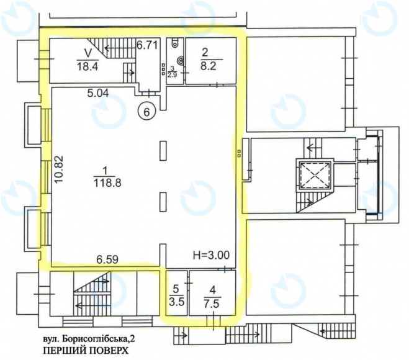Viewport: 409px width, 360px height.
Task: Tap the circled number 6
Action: coord(146,112)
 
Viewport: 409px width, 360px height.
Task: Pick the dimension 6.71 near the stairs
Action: coord(148,45)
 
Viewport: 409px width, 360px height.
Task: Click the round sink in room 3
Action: coord(181,61)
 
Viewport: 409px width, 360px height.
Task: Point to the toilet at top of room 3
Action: coord(176,43)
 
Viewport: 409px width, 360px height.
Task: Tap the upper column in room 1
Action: coord(163,151)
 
